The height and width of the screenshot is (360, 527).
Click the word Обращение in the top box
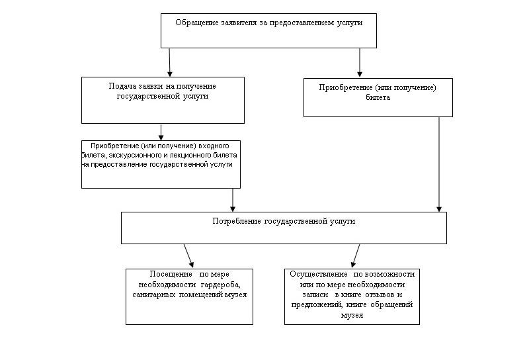click(x=196, y=22)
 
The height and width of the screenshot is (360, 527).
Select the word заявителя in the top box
click(x=239, y=22)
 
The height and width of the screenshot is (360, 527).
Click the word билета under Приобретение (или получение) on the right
click(x=378, y=97)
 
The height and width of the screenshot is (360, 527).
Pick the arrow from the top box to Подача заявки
click(x=170, y=62)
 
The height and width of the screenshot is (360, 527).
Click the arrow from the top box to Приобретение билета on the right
click(x=360, y=62)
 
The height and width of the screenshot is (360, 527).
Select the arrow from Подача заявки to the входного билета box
click(x=161, y=132)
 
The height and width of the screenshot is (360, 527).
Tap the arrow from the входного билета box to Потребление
click(x=233, y=199)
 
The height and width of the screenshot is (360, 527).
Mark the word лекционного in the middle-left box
click(x=179, y=155)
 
